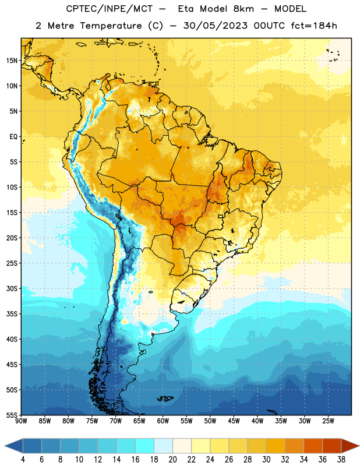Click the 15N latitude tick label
pos(12,61)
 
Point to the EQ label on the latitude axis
pos(13,137)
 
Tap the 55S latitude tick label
pos(12,415)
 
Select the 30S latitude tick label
pos(12,288)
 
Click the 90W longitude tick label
pos(21,421)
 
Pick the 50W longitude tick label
pos(210,421)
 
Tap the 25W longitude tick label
pos(328,421)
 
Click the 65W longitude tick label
pos(139,421)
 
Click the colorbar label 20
pos(172,460)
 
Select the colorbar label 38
pos(341,460)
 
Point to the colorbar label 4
pos(23,460)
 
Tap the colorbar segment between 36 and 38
pos(332,446)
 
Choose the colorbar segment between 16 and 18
pos(145,446)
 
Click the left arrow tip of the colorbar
pos(5,446)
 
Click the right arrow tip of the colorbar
pos(359,446)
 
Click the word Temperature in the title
pos(111,26)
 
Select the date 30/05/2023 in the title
pos(215,26)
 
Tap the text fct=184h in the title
pos(314,26)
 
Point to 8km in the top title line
pos(243,9)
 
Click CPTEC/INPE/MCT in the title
pos(109,9)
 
